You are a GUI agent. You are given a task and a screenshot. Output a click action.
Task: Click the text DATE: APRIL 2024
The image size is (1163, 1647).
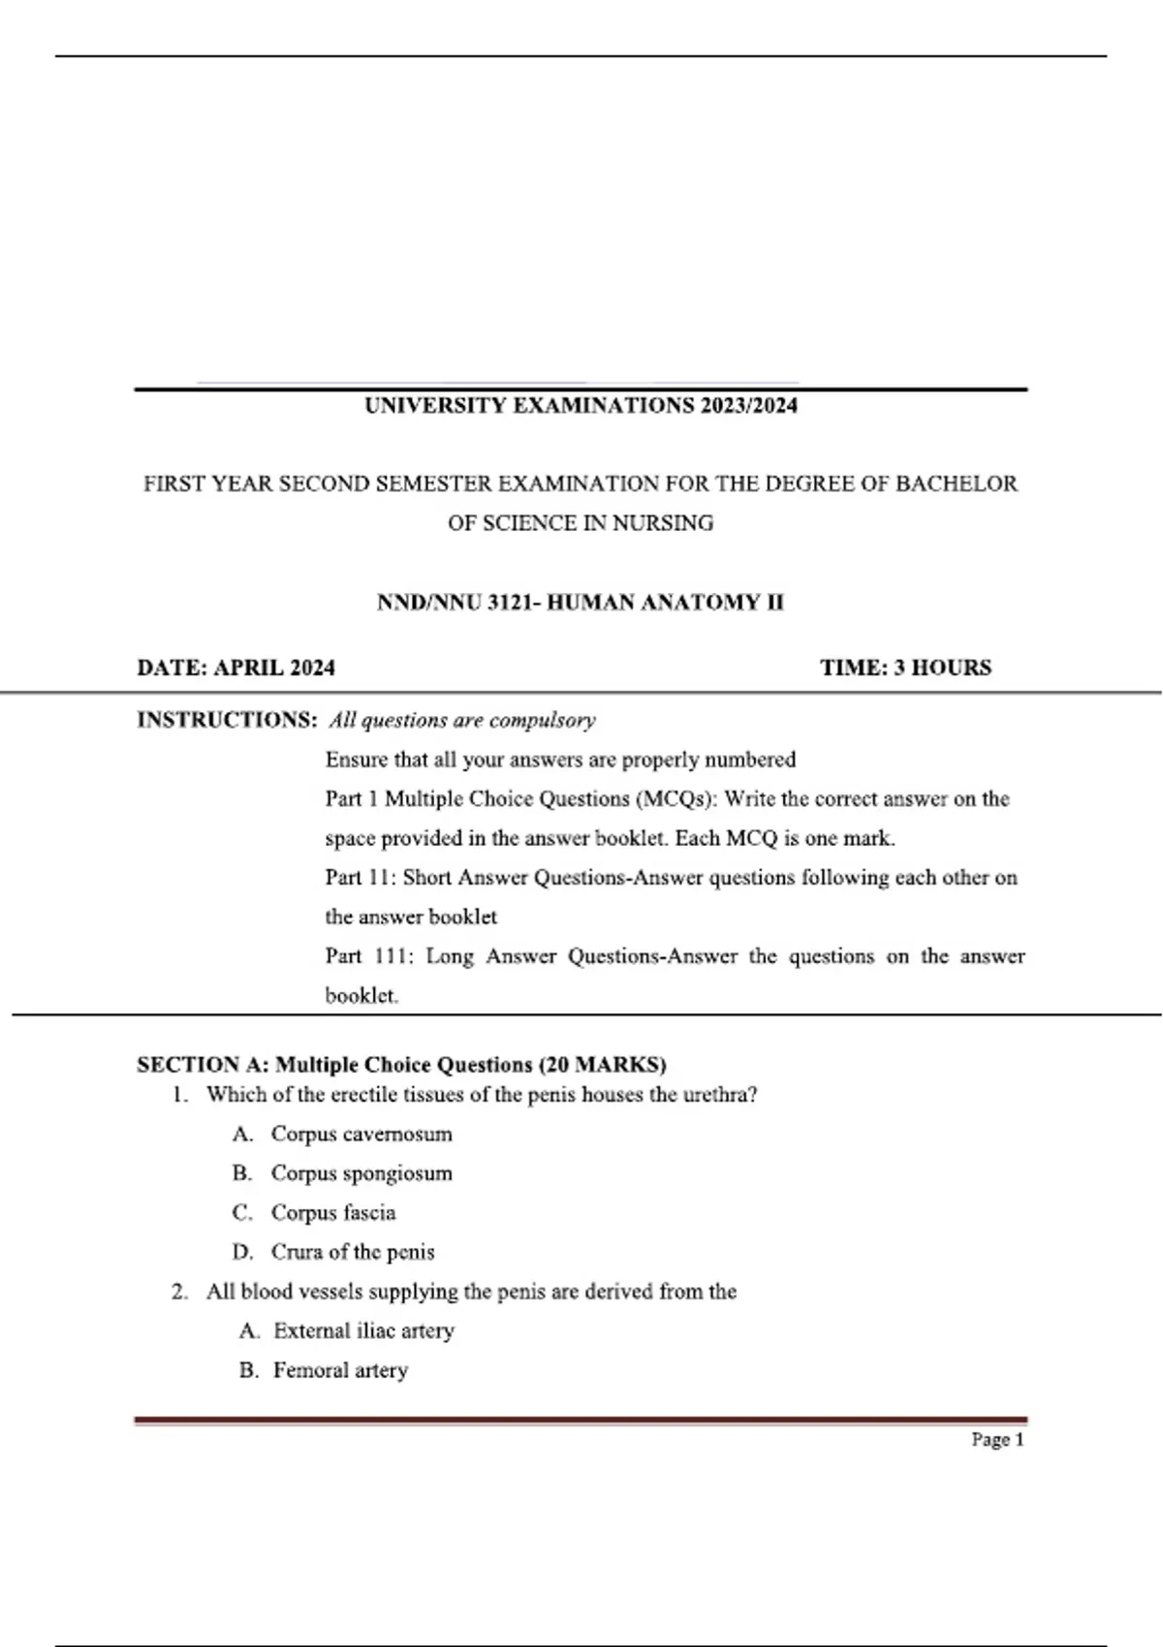236,668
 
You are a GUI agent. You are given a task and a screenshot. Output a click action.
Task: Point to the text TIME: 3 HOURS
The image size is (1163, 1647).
905,668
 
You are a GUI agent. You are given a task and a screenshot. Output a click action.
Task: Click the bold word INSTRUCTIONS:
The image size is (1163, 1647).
227,720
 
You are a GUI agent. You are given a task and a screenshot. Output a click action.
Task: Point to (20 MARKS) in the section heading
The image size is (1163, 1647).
603,1065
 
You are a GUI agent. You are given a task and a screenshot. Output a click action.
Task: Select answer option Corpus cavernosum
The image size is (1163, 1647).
361,1134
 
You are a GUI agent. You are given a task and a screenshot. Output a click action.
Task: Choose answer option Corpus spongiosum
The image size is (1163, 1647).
361,1174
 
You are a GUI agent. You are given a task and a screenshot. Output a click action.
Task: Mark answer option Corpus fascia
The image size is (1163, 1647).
333,1213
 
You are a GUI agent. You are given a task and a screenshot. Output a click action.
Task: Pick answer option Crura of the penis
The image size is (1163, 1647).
353,1253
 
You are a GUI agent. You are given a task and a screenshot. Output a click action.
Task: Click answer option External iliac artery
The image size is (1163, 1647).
363,1331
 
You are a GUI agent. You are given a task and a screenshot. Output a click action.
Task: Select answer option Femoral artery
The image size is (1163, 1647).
340,1371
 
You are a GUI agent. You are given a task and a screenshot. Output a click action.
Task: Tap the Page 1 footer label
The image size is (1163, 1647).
997,1440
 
